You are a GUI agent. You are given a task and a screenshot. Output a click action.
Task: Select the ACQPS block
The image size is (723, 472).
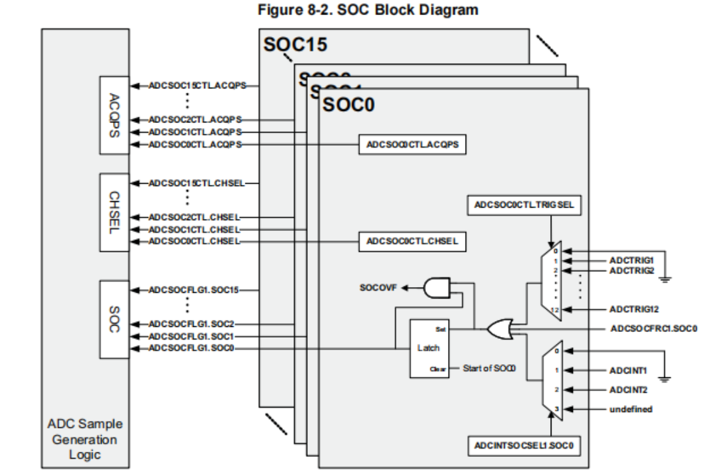pos(114,115)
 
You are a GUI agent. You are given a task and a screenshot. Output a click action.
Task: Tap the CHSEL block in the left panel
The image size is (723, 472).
pos(114,212)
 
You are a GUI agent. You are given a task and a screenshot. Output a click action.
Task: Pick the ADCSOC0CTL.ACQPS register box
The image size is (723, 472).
pos(412,145)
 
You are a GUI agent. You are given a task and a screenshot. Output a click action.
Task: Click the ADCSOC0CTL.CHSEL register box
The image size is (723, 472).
pos(412,241)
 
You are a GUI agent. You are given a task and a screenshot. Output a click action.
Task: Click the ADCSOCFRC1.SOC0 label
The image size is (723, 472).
pos(654,329)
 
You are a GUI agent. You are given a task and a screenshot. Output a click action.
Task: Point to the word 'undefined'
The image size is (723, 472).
pos(630,409)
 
